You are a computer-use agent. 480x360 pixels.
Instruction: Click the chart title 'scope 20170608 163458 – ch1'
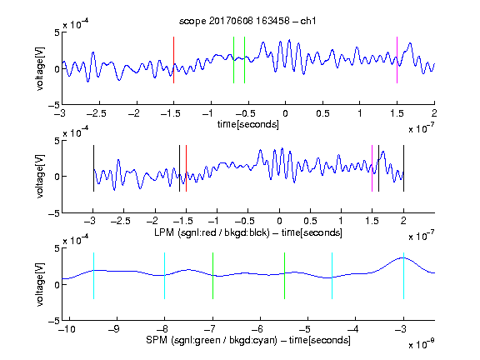click(x=247, y=21)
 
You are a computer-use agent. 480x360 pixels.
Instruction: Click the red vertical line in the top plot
click(x=173, y=60)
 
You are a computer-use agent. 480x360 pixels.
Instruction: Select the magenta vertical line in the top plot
click(x=397, y=60)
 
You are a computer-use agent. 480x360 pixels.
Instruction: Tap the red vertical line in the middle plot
click(x=186, y=168)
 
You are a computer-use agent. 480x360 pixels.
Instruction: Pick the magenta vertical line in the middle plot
click(x=372, y=168)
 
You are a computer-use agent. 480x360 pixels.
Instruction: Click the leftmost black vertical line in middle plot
click(x=93, y=168)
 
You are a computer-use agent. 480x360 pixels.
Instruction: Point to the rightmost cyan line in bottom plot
click(x=403, y=276)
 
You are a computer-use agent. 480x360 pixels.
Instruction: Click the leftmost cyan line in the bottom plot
click(x=93, y=276)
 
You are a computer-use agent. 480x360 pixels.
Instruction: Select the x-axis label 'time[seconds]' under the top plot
click(x=248, y=124)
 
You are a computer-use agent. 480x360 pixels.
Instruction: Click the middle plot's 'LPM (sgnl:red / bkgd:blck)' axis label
click(x=212, y=232)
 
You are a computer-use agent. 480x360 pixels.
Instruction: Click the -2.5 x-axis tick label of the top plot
click(x=97, y=113)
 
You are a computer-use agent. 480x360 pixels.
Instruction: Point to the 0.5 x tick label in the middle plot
click(x=310, y=221)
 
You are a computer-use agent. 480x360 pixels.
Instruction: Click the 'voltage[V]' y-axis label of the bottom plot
click(x=40, y=284)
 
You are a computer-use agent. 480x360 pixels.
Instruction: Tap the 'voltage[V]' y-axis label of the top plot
click(x=40, y=68)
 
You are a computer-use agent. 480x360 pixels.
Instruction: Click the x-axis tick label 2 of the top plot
click(x=434, y=113)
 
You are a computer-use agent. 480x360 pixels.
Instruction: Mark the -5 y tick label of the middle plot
click(x=54, y=213)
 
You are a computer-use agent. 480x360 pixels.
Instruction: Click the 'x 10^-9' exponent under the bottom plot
click(x=422, y=344)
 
